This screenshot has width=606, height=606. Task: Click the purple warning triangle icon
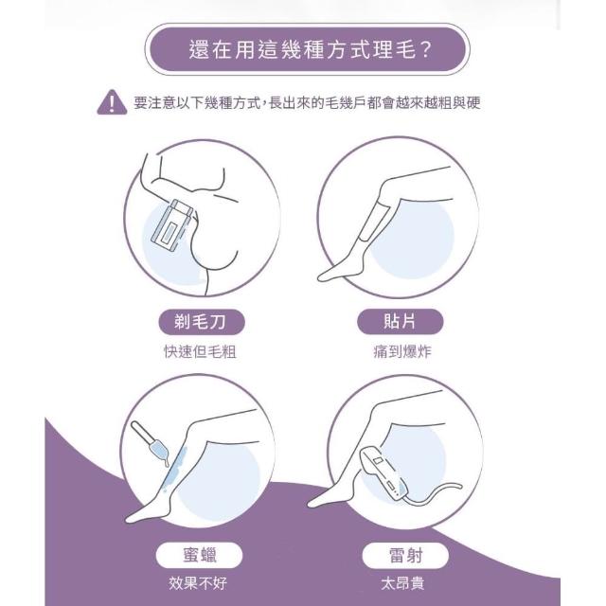point(112,102)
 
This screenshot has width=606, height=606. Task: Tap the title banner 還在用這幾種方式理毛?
point(307,49)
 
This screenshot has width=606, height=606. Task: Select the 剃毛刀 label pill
point(202,322)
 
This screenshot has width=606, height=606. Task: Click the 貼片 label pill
point(400,321)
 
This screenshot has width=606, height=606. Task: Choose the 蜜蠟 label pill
point(199,555)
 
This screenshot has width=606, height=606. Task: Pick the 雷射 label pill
point(405,556)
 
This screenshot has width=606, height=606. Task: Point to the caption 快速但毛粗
point(200,351)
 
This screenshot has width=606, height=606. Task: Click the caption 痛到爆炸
point(401,351)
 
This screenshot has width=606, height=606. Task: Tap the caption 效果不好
point(198,583)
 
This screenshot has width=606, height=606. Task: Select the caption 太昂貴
point(402,583)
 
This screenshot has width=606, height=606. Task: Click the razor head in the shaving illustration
point(171,224)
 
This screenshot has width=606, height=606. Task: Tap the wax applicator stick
point(150,443)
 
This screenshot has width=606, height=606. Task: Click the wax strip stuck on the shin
point(374,222)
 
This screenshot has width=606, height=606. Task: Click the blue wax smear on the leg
point(173,469)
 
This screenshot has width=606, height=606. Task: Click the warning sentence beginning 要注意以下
point(307,103)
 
